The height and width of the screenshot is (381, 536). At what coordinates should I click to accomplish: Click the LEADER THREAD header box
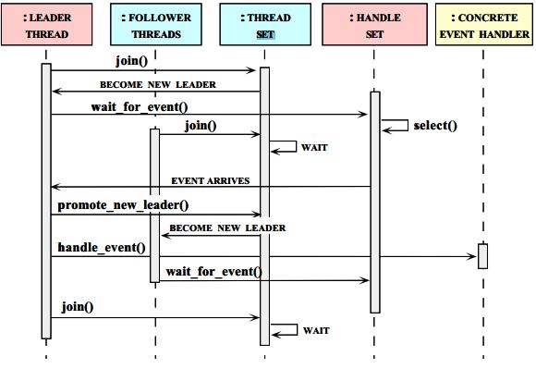click(x=47, y=24)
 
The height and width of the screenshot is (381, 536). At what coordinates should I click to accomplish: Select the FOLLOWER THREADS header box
click(x=156, y=24)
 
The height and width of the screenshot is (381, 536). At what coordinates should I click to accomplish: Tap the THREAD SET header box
click(x=265, y=24)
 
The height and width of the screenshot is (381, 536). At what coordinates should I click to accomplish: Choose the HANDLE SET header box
click(x=374, y=24)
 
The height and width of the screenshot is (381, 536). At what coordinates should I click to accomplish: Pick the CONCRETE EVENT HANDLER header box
click(x=484, y=24)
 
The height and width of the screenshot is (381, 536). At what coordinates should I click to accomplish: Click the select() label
click(x=435, y=126)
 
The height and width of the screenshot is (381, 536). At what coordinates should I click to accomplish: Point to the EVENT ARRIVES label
click(x=210, y=180)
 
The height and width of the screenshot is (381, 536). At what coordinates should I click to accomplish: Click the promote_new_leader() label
click(x=123, y=205)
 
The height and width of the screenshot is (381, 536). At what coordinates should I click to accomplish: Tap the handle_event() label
click(x=102, y=247)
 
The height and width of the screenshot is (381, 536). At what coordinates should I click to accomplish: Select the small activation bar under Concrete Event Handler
click(x=482, y=256)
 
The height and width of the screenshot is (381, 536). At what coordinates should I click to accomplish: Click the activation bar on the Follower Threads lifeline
click(x=155, y=205)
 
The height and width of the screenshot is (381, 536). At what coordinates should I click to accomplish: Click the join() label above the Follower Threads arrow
click(x=201, y=126)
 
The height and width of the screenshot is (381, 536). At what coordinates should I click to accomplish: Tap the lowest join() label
click(x=78, y=307)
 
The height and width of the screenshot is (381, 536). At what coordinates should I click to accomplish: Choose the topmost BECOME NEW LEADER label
click(x=158, y=84)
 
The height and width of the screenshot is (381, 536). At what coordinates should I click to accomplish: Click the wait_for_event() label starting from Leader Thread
click(x=140, y=107)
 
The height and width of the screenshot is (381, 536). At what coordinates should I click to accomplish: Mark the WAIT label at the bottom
click(x=316, y=331)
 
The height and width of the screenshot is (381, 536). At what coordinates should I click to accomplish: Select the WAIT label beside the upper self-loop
click(x=314, y=147)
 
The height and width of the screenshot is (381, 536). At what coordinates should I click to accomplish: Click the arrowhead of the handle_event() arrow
click(x=472, y=256)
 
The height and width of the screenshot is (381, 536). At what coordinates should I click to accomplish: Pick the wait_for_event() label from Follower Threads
click(x=214, y=272)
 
